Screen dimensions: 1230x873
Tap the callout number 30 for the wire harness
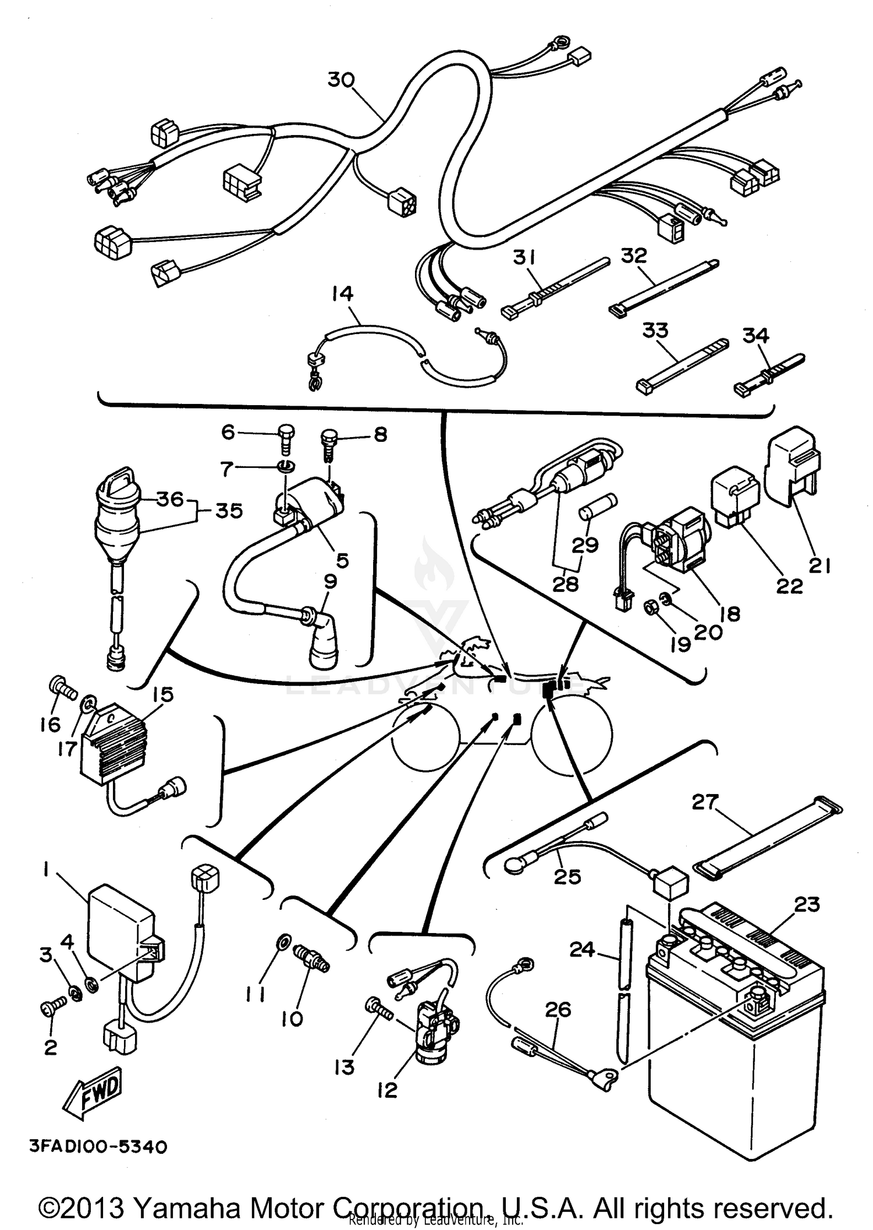pos(341,79)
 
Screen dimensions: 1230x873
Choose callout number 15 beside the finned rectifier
pos(163,694)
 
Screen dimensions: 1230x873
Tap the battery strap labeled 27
pos(768,838)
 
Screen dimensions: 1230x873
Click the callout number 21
pos(820,565)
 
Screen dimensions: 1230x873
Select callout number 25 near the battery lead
pos(567,875)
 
